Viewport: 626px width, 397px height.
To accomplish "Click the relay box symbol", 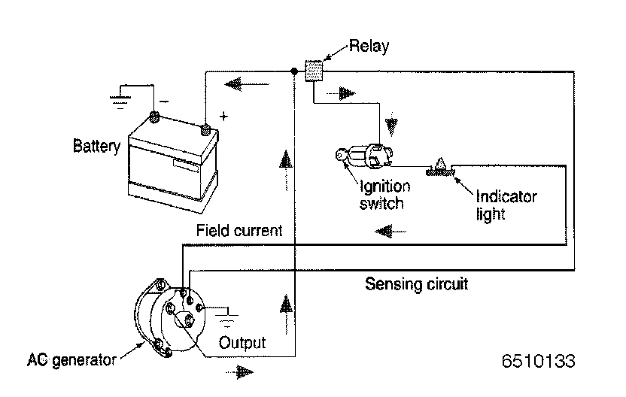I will (x=314, y=71).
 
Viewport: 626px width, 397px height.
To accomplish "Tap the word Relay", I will (x=369, y=47).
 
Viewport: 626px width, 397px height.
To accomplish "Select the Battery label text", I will (x=96, y=145).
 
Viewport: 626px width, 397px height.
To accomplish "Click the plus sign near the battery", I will (x=223, y=117).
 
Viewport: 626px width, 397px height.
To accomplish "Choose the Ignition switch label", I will (x=384, y=194).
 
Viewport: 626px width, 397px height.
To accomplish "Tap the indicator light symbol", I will (x=439, y=168).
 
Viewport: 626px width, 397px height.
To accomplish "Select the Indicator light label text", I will (x=506, y=205).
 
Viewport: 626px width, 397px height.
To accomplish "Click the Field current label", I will (x=239, y=231).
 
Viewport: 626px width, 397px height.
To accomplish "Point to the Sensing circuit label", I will (x=416, y=284).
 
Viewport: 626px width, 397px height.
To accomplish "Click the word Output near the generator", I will (x=242, y=343).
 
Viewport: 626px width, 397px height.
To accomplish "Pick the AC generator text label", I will (x=73, y=359).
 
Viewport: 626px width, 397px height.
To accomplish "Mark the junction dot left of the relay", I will (x=293, y=71).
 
